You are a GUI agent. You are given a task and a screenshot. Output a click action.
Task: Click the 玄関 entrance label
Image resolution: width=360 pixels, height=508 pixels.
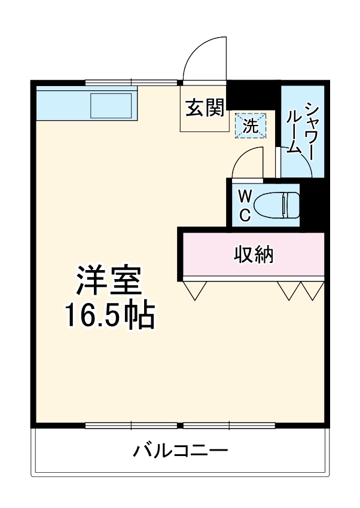[205, 108]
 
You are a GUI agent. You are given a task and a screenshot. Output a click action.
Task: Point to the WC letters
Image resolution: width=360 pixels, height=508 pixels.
[245, 206]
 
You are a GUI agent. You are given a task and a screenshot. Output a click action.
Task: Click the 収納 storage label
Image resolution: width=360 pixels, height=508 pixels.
[253, 255]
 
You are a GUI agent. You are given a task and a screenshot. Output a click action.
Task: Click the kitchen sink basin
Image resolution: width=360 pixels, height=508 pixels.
[111, 106]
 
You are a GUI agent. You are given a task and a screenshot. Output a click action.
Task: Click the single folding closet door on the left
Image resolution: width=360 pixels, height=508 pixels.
[194, 290]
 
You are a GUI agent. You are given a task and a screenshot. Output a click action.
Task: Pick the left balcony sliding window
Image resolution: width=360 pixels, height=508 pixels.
[132, 426]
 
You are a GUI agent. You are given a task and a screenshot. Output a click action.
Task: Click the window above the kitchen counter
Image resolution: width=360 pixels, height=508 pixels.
[132, 82]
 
